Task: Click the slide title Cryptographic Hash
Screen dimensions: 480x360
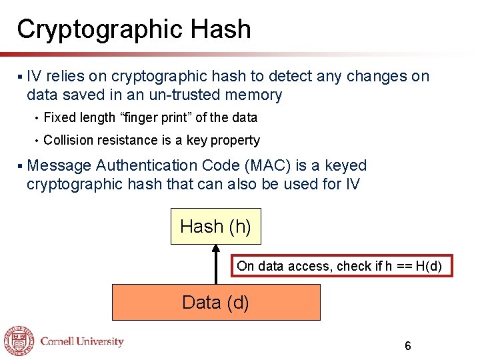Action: [134, 29]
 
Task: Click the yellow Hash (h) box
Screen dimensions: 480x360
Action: [215, 227]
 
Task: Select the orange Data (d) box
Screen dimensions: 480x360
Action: [215, 303]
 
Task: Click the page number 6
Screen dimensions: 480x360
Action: [407, 346]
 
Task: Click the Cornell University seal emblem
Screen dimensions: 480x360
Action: [19, 341]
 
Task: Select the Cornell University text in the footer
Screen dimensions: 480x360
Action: [82, 341]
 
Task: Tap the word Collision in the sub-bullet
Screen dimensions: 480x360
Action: [69, 141]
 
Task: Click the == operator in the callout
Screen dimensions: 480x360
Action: [404, 266]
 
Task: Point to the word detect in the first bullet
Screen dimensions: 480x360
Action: [291, 77]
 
